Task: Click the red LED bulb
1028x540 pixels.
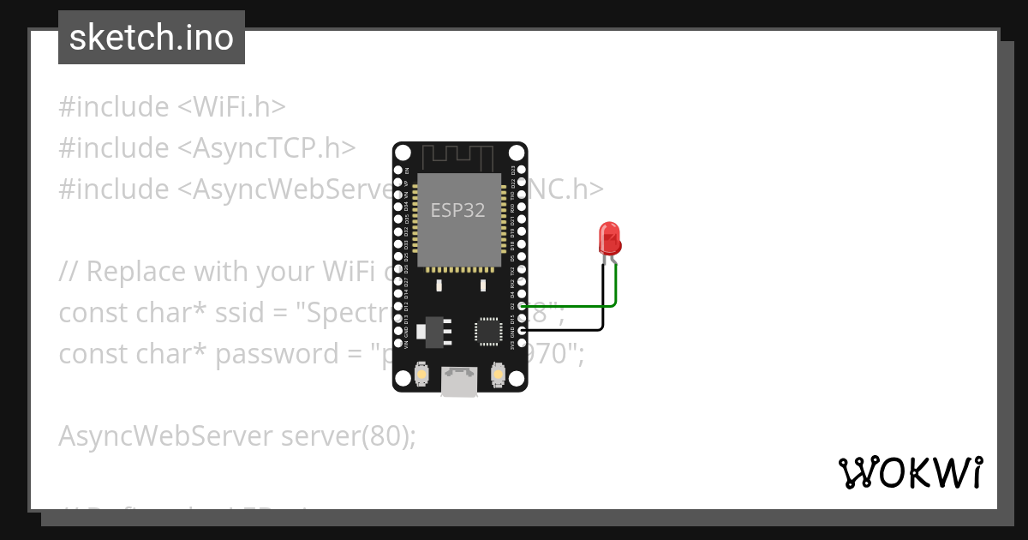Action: pyautogui.click(x=610, y=237)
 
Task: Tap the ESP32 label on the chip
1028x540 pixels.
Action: pyautogui.click(x=457, y=210)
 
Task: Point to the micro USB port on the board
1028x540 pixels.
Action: pyautogui.click(x=460, y=381)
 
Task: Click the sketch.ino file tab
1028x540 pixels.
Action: pyautogui.click(x=152, y=38)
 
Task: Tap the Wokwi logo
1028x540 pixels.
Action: pyautogui.click(x=911, y=472)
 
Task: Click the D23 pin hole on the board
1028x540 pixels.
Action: pyautogui.click(x=523, y=170)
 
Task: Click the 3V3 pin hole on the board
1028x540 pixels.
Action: pyautogui.click(x=523, y=343)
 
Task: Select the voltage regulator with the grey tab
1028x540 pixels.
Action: pyautogui.click(x=433, y=331)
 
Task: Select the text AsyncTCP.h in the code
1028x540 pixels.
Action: pyautogui.click(x=266, y=148)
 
